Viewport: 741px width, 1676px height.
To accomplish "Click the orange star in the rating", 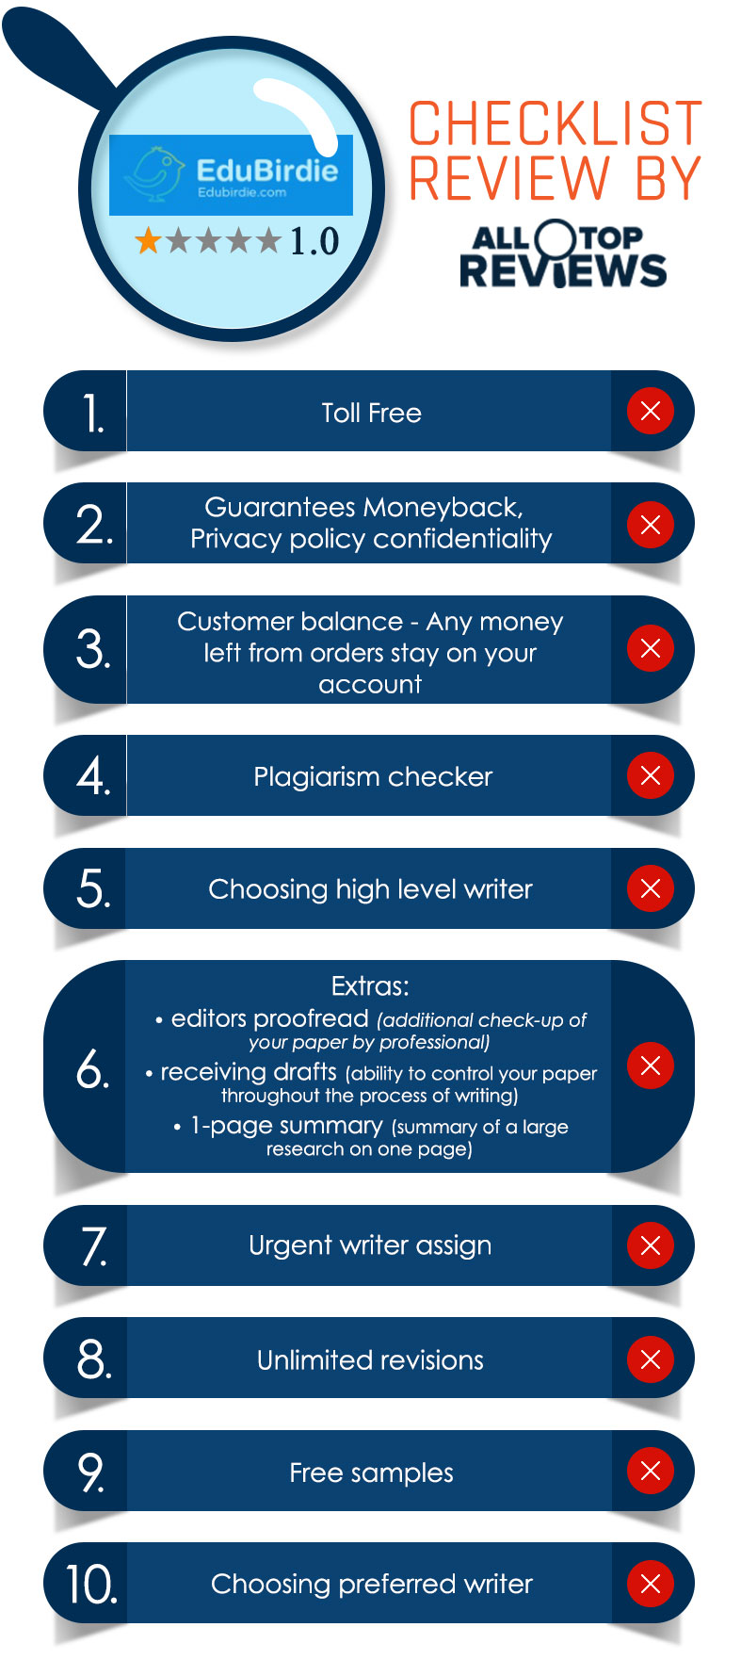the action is point(148,241).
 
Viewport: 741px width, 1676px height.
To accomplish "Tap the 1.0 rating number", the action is point(314,242).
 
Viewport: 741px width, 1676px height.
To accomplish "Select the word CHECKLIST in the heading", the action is point(556,123).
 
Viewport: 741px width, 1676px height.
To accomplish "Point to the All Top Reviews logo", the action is point(563,253).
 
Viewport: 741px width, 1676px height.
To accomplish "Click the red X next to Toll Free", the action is point(651,411).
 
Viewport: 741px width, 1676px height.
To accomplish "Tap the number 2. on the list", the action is point(94,525).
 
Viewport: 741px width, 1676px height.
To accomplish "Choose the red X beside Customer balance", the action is point(651,648).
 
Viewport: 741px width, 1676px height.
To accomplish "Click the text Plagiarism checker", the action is point(373,776).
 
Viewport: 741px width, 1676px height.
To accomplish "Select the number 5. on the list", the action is point(93,888).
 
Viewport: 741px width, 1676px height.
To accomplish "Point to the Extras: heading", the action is point(370,986).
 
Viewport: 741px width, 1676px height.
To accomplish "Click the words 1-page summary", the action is point(287,1126).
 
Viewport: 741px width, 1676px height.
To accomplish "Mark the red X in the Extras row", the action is point(651,1066).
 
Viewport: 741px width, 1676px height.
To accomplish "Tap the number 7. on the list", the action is point(94,1246).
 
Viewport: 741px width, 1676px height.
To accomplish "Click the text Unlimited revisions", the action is point(370,1359).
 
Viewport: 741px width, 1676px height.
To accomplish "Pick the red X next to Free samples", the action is point(651,1471).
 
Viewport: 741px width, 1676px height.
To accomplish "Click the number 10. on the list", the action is point(91,1585).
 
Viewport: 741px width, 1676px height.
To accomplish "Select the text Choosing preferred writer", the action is point(372,1585).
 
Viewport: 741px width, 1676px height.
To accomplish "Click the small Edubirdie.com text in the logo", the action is point(242,192).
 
